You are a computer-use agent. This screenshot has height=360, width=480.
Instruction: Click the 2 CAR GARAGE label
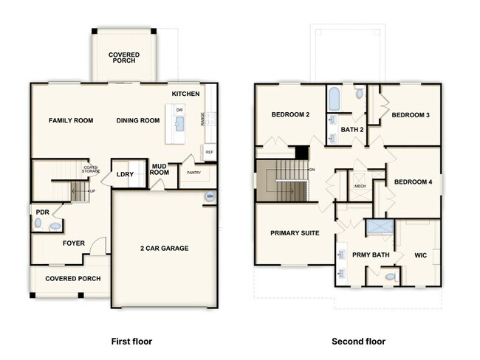point(164,249)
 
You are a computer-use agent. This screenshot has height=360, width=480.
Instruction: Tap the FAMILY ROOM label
point(71,120)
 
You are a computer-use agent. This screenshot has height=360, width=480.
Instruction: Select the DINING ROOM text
point(138,120)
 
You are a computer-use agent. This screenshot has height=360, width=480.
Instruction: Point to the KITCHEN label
point(185,94)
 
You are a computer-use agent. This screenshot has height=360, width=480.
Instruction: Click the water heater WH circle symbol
point(210,196)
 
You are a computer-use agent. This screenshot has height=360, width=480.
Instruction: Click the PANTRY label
point(193,173)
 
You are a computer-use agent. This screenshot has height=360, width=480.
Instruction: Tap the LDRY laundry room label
point(125,175)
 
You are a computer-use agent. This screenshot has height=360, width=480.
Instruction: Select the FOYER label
point(73,243)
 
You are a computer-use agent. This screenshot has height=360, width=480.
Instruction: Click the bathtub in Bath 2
point(334,97)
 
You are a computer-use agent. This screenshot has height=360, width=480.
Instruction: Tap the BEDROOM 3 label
point(411,115)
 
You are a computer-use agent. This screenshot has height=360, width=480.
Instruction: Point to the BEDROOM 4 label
point(413,181)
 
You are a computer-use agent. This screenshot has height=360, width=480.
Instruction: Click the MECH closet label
point(360,187)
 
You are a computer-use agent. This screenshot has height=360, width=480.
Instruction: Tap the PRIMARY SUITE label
point(295,233)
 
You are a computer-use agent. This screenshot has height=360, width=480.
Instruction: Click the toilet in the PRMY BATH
point(391,277)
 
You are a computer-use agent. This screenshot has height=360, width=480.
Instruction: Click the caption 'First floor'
point(131,342)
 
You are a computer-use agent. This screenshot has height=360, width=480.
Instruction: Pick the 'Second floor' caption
point(357,342)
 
